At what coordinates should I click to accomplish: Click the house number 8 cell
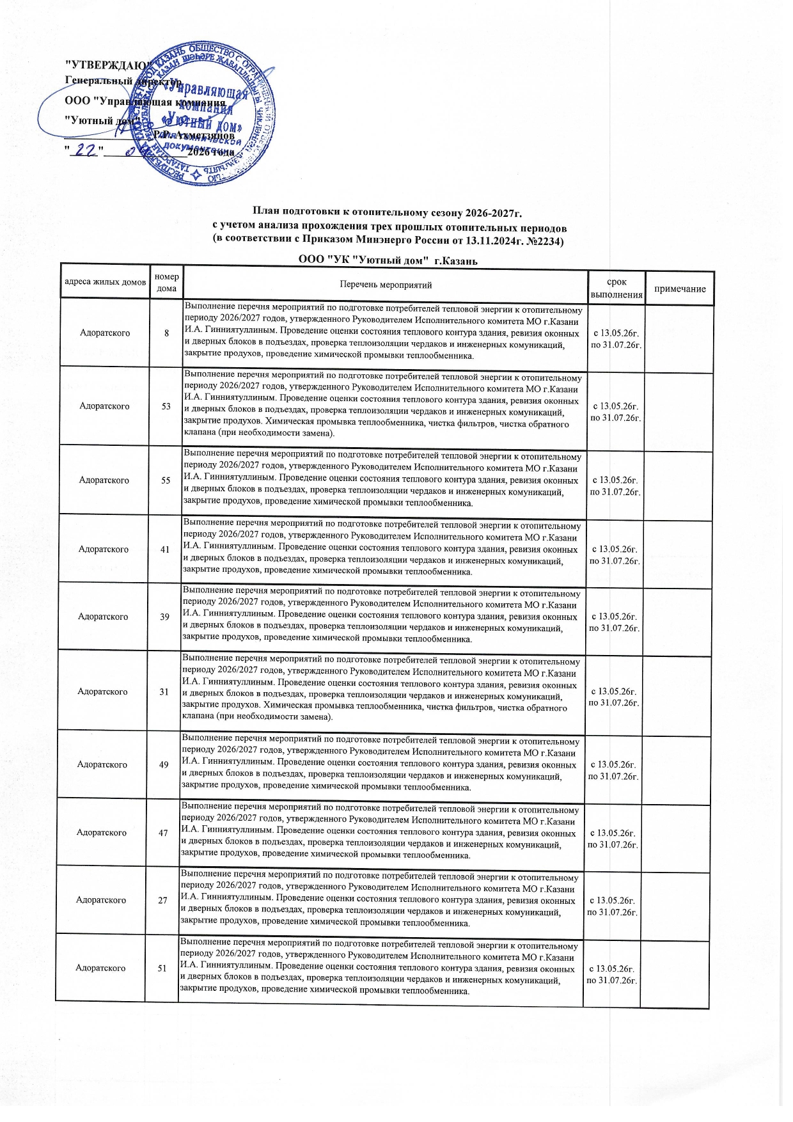[167, 333]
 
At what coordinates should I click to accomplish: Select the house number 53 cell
[166, 406]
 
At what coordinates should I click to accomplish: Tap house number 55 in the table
[166, 480]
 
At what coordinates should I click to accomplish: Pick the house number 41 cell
[165, 549]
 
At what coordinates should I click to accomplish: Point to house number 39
[165, 617]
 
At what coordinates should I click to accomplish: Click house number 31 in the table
[164, 691]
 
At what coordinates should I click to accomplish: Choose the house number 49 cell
[164, 764]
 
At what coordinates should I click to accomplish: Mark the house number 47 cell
[163, 832]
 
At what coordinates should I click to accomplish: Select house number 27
[162, 900]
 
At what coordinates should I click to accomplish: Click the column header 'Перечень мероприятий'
[386, 285]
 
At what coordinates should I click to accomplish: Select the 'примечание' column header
[680, 289]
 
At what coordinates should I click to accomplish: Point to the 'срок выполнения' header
[616, 288]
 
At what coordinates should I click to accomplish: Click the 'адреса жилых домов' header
[106, 282]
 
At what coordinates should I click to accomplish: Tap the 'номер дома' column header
[167, 283]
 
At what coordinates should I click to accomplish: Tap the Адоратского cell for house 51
[100, 968]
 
